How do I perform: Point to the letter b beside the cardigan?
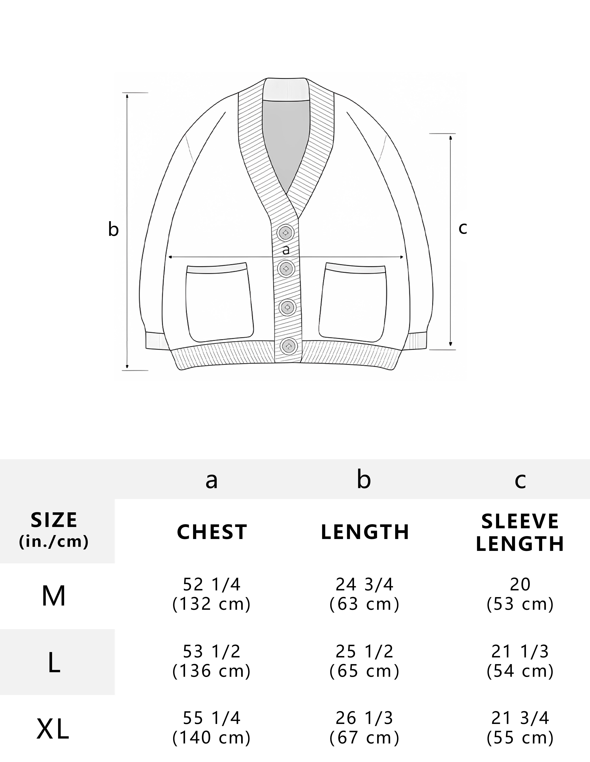[x=113, y=230]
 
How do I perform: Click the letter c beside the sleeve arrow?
[x=463, y=229]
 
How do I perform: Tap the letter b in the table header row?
[x=364, y=479]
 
